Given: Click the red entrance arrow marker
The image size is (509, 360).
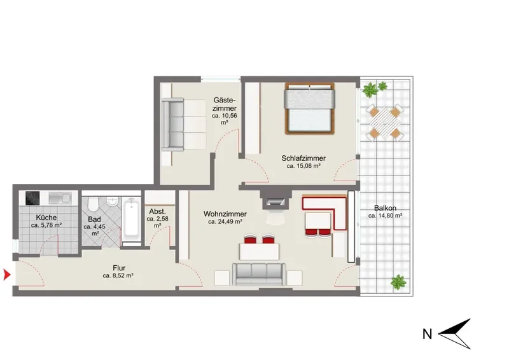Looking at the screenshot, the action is tap(6, 275).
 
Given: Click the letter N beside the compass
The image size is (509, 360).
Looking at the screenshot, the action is tap(428, 334).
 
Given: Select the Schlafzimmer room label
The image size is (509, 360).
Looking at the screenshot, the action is tap(303, 158).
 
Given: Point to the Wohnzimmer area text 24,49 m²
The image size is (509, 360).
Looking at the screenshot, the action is tap(225, 222).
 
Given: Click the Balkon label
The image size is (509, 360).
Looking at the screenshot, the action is tap(385, 208).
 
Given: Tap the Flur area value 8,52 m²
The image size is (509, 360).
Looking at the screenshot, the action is tap(118, 276).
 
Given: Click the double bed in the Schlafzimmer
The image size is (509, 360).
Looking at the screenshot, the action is tap(310, 108).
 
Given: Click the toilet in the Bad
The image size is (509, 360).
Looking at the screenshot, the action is tap(92, 204).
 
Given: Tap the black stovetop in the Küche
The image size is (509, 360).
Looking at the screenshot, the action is tap(32, 198).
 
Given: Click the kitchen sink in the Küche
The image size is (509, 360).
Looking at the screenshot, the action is tap(60, 198).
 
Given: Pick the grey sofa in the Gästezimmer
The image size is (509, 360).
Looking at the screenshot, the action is tap(184, 125).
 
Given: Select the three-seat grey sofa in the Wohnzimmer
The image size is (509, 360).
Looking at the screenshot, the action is tap(259, 274).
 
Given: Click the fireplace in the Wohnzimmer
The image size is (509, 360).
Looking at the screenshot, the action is tap(275, 199).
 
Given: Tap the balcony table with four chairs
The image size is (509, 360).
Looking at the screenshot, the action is tap(385, 123).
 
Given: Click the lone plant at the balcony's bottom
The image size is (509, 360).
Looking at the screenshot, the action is tap(398, 282).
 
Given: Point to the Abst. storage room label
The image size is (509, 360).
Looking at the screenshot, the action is tap(157, 211).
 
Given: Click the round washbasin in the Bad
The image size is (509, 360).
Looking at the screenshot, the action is tap(113, 202).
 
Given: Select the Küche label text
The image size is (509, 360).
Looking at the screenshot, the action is tap(46, 217).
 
